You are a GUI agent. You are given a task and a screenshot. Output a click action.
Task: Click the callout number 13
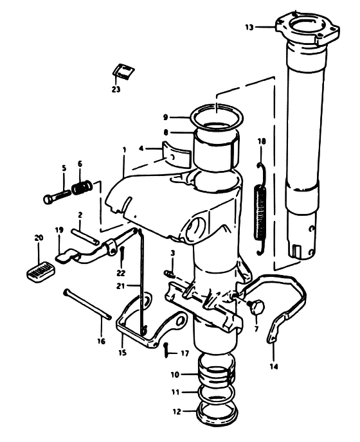coord(249,28)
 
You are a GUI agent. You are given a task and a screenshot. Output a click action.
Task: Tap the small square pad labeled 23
coord(123,71)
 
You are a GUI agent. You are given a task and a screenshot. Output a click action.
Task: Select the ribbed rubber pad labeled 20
coord(41,270)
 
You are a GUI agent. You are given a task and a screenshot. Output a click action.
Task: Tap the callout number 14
coord(274,366)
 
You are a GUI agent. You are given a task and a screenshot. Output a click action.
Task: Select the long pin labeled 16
coord(87,305)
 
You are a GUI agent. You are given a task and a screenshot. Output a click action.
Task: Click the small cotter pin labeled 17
coord(166,350)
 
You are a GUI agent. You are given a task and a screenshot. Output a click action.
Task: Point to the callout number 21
coord(120,287)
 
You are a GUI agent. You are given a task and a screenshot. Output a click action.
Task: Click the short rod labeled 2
coord(85,236)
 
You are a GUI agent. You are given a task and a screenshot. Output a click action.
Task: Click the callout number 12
coord(176,412)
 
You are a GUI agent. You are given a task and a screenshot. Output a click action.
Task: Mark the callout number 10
coord(175,375)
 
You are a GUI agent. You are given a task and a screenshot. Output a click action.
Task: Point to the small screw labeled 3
coord(170,273)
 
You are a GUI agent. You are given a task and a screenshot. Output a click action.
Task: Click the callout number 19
coord(59,230)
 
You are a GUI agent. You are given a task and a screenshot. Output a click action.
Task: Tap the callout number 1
coord(124,150)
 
